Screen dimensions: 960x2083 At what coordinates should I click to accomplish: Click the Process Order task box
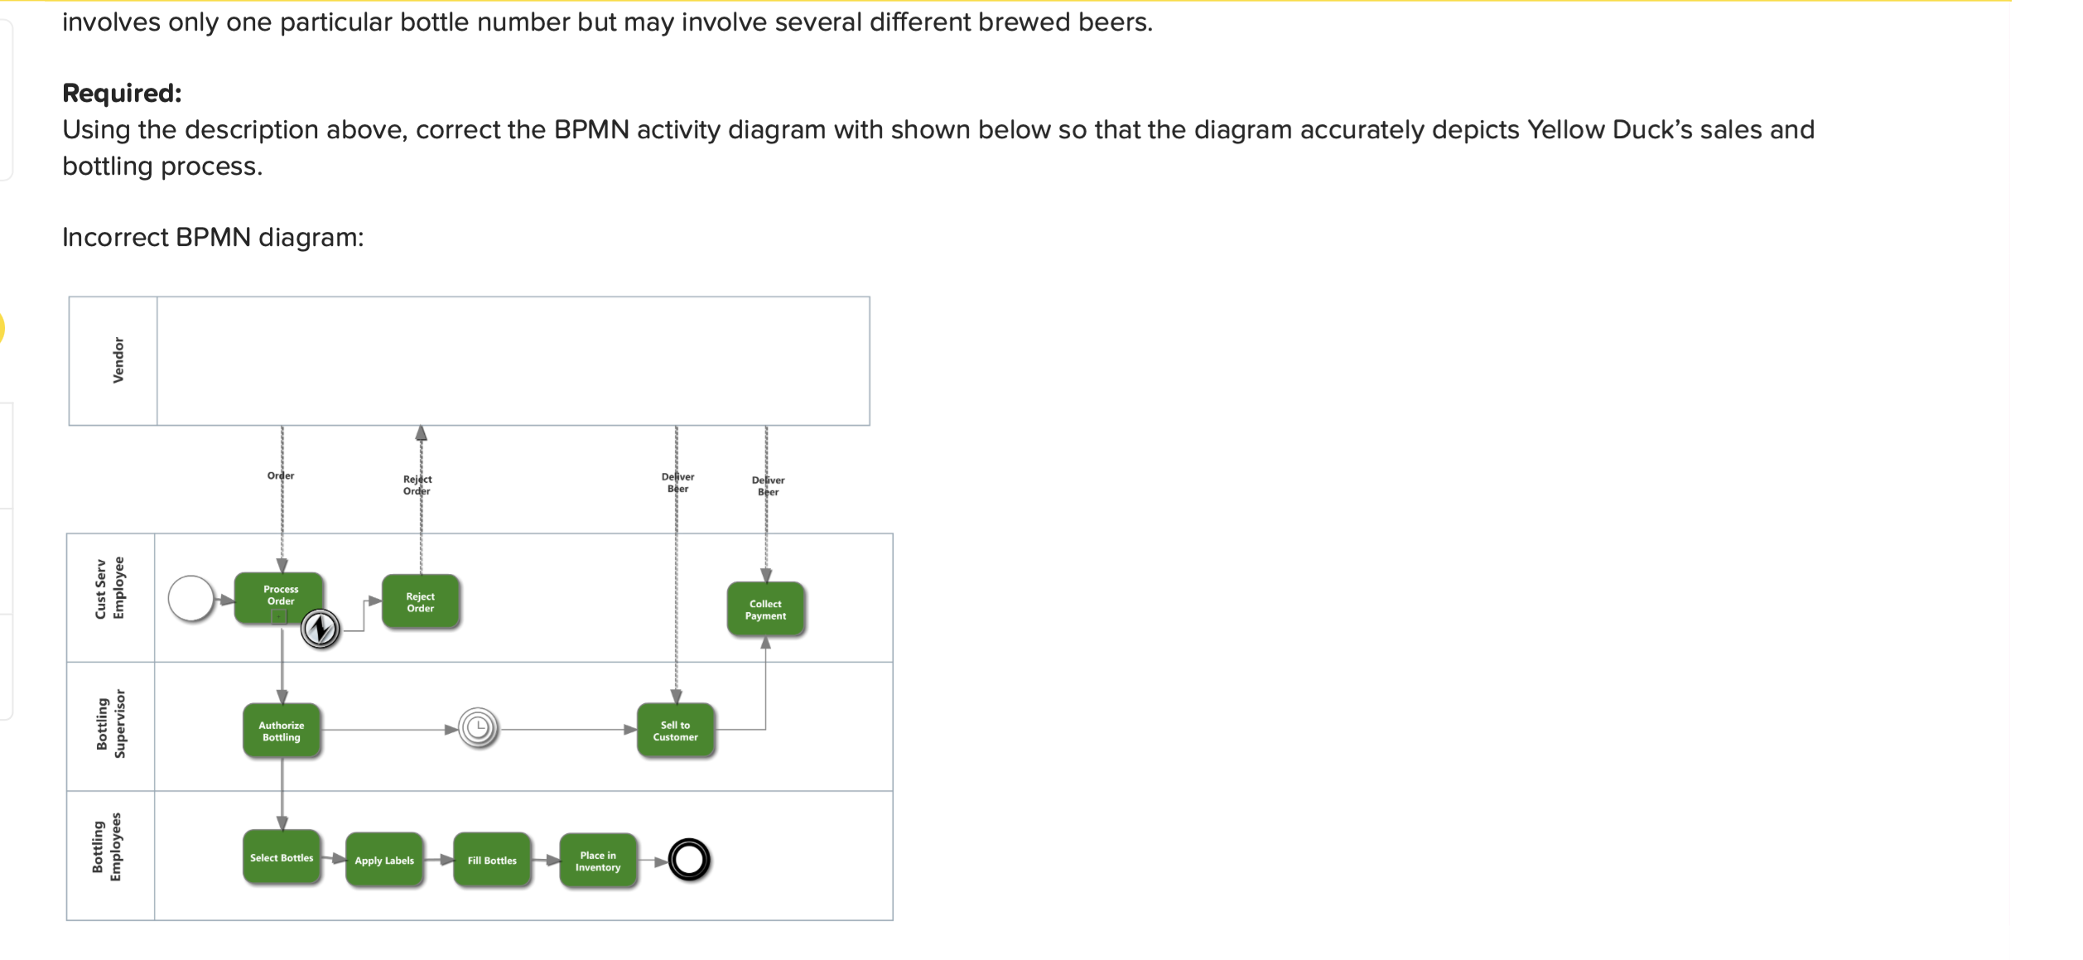point(280,596)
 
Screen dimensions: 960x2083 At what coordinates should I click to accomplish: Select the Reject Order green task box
point(420,602)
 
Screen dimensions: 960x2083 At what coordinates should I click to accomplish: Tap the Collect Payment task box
point(765,610)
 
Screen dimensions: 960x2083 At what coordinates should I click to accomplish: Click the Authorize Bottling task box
point(282,731)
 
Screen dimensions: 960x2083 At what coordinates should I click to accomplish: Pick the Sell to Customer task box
point(675,731)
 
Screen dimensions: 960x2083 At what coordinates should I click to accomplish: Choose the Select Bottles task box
point(282,857)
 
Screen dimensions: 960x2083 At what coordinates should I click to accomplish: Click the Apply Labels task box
point(384,860)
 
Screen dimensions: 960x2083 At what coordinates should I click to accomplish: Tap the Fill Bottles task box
point(492,860)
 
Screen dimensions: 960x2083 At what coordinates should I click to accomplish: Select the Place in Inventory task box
point(598,861)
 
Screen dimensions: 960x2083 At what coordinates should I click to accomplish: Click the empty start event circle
point(190,598)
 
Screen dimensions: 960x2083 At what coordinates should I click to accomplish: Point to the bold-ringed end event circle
point(689,859)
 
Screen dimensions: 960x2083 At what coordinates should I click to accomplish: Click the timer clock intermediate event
point(478,729)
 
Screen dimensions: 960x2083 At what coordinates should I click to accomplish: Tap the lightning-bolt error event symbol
point(320,629)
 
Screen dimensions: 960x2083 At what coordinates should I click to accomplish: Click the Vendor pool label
point(118,360)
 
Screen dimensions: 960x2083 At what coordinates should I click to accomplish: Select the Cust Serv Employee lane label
point(110,588)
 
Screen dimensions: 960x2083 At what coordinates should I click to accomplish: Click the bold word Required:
point(122,93)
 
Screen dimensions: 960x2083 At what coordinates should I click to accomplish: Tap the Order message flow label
point(281,475)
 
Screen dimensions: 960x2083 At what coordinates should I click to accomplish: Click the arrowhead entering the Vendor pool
point(421,433)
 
